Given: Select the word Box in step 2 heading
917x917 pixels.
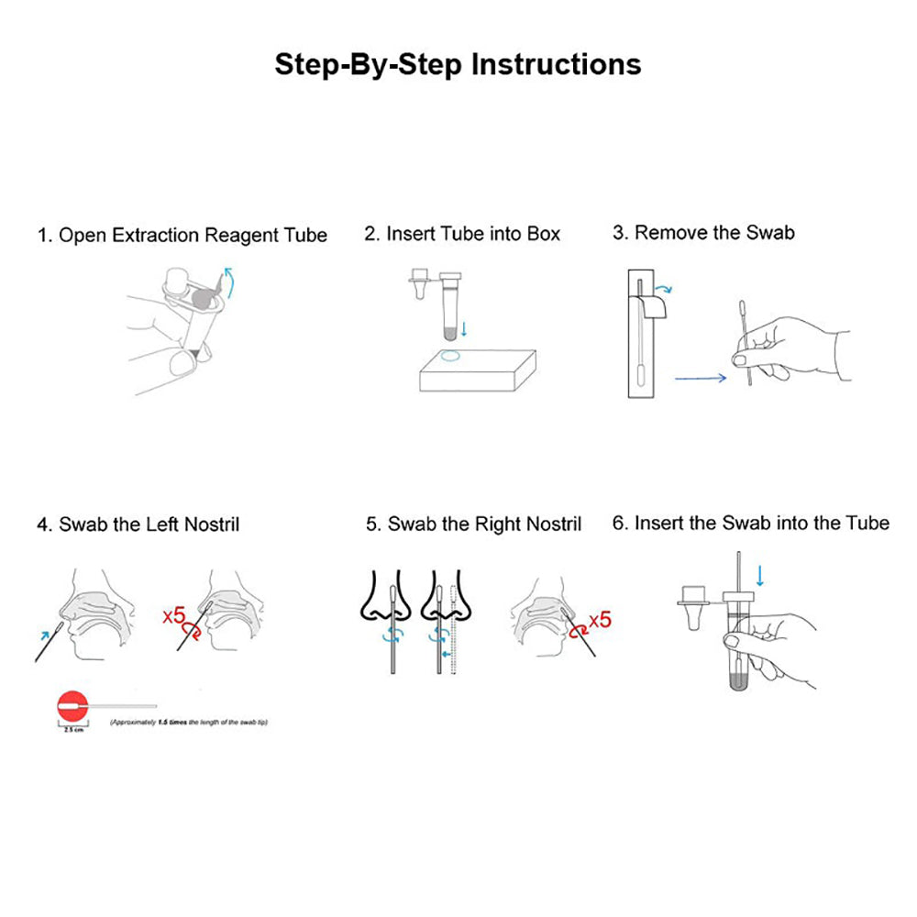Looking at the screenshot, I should tap(543, 234).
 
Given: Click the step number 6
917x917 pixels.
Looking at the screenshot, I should tap(619, 524).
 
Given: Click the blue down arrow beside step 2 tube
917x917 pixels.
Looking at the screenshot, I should tap(463, 327).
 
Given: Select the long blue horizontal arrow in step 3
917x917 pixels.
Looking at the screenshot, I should tap(700, 376).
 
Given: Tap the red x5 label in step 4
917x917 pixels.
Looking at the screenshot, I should tap(174, 614).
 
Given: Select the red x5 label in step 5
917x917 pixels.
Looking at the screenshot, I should tap(600, 621).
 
